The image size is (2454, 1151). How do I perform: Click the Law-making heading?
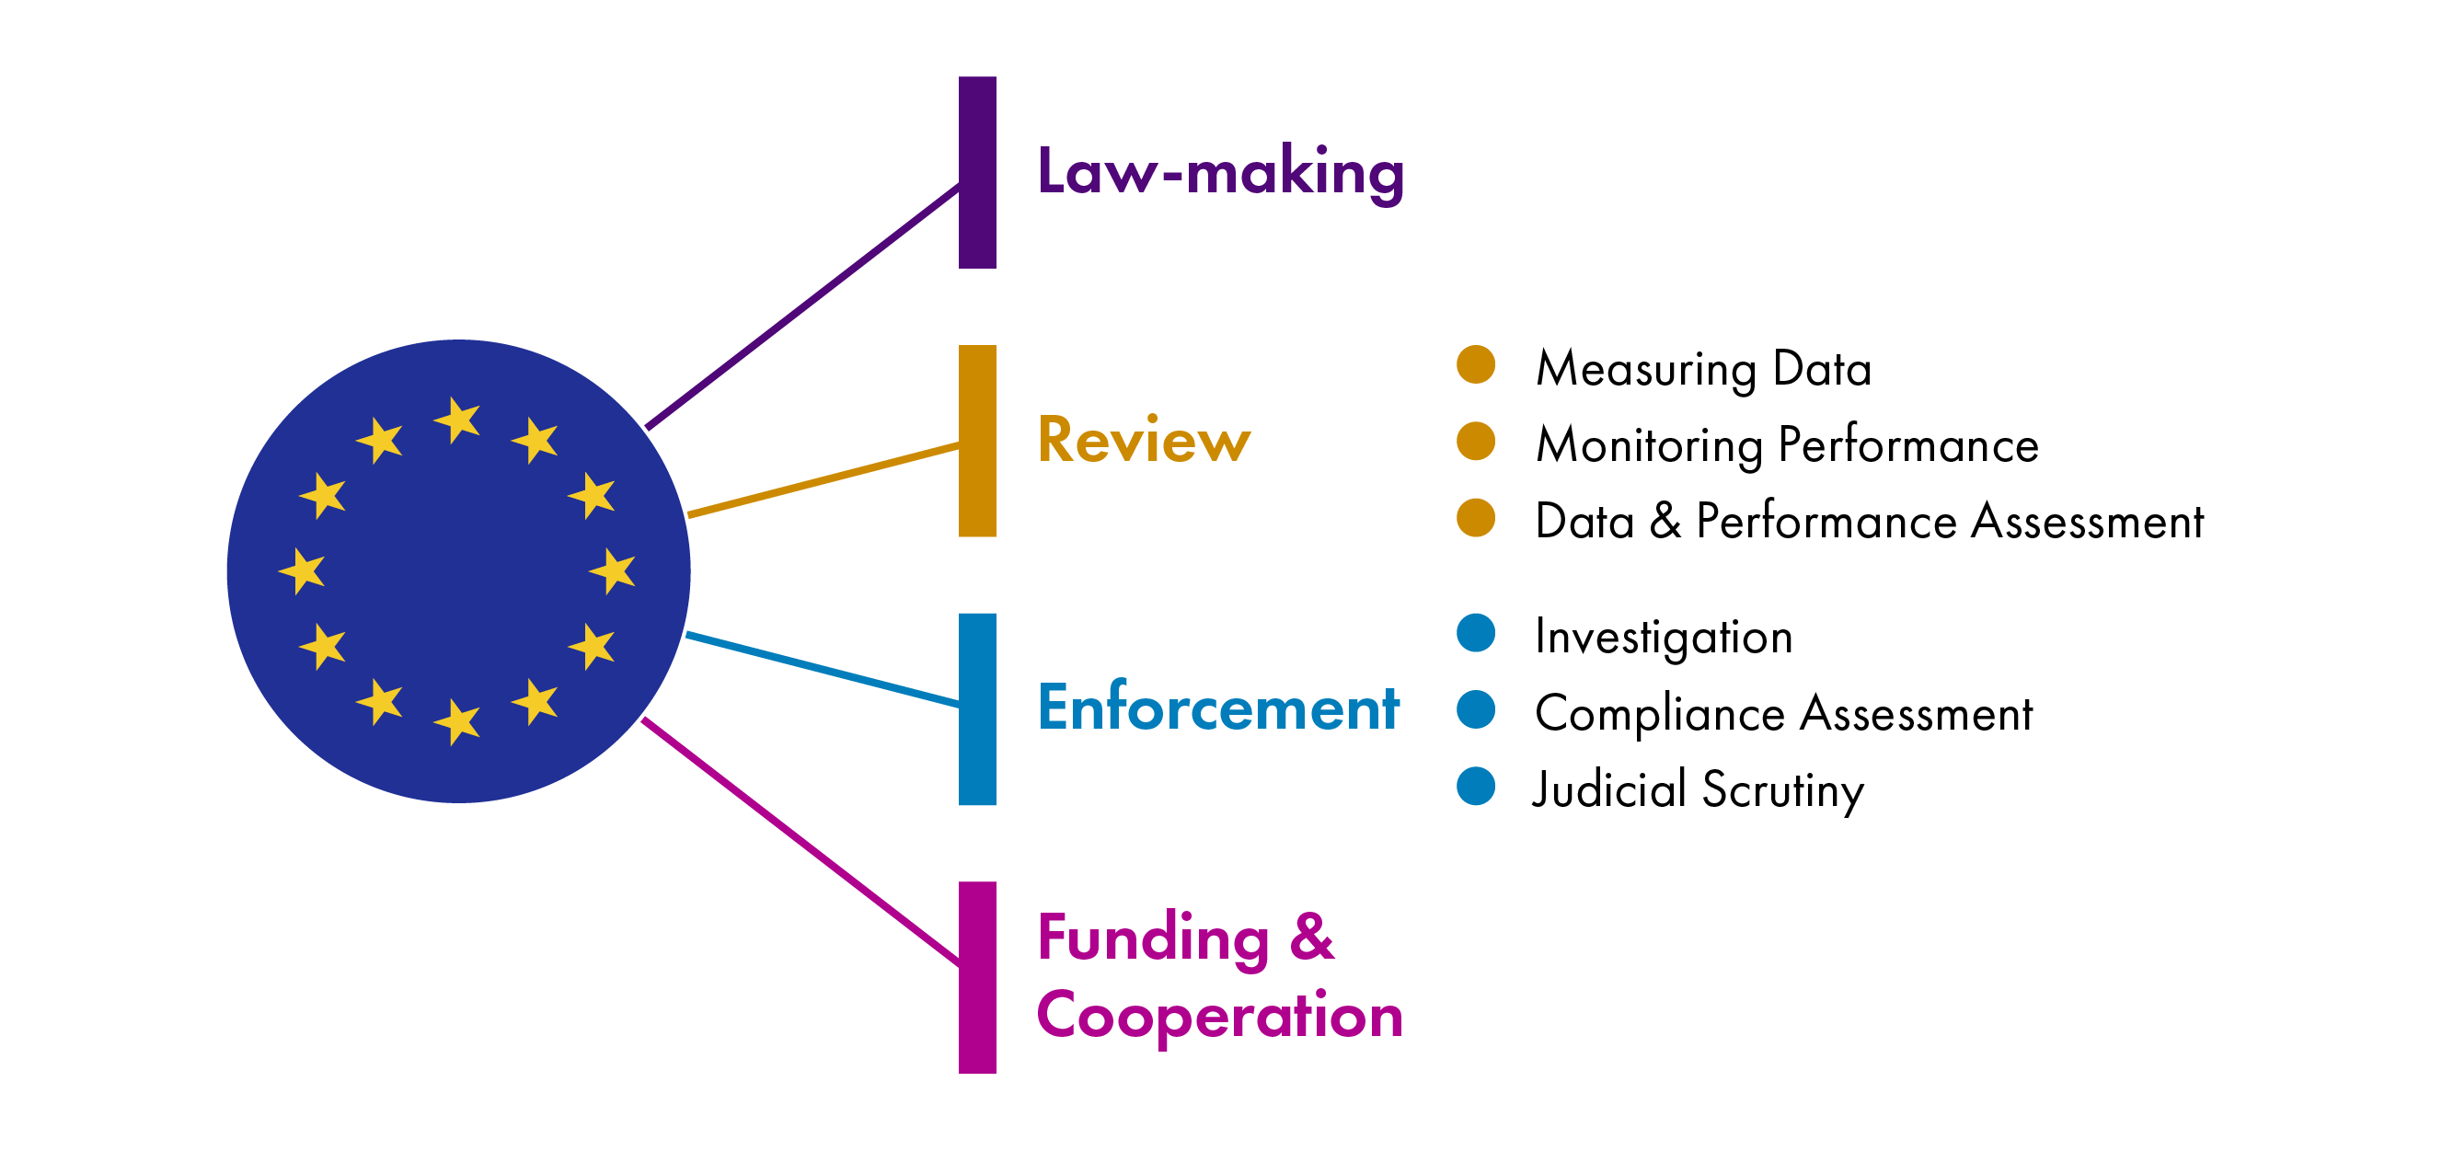pyautogui.click(x=1219, y=172)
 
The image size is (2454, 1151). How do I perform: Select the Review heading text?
pyautogui.click(x=1143, y=441)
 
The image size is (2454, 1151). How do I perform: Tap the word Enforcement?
pyautogui.click(x=1217, y=708)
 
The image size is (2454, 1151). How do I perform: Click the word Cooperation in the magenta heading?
pyautogui.click(x=1219, y=1016)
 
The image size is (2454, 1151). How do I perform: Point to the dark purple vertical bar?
pyautogui.click(x=977, y=172)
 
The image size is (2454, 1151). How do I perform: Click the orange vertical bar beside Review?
pyautogui.click(x=977, y=441)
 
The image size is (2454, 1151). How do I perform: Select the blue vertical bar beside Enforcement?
pyautogui.click(x=977, y=708)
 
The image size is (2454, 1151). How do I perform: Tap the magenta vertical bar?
pyautogui.click(x=977, y=978)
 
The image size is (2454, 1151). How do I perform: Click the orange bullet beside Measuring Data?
pyautogui.click(x=1476, y=365)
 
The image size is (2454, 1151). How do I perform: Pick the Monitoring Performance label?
pyautogui.click(x=1787, y=445)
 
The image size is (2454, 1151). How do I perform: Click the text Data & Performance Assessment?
pyautogui.click(x=1869, y=521)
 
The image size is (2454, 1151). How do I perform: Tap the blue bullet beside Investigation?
pyautogui.click(x=1476, y=634)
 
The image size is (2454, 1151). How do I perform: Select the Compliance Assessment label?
pyautogui.click(x=1783, y=714)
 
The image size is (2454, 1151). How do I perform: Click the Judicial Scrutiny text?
pyautogui.click(x=1698, y=790)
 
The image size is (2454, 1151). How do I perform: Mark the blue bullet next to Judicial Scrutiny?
pyautogui.click(x=1476, y=786)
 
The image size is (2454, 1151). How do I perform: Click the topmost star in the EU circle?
pyautogui.click(x=458, y=420)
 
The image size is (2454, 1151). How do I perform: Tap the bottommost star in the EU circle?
pyautogui.click(x=458, y=721)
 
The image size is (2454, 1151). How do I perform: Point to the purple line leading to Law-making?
pyautogui.click(x=802, y=306)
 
